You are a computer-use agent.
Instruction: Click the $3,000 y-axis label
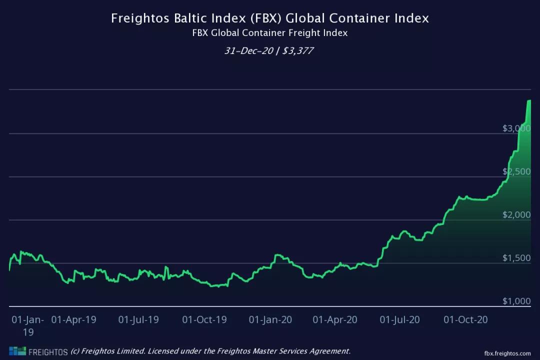click(516, 128)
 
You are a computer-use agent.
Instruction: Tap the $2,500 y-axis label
click(516, 171)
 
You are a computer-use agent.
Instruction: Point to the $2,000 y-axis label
click(516, 215)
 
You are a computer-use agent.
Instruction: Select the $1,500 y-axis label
click(516, 258)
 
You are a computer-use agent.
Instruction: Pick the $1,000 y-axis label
click(516, 301)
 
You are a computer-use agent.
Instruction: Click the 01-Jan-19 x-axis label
click(28, 325)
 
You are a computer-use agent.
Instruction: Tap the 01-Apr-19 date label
click(73, 319)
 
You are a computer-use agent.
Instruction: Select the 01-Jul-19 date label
click(138, 319)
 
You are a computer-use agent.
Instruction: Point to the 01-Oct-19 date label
click(204, 319)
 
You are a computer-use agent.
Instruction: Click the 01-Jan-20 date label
click(270, 319)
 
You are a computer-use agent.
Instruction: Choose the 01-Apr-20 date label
click(335, 319)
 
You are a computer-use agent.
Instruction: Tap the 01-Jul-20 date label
click(400, 319)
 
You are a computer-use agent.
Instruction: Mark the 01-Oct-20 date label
click(465, 319)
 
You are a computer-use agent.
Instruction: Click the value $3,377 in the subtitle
click(298, 50)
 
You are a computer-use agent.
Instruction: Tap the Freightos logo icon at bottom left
click(17, 351)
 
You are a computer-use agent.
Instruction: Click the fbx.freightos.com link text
click(507, 352)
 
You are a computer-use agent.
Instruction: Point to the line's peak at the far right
click(529, 100)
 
